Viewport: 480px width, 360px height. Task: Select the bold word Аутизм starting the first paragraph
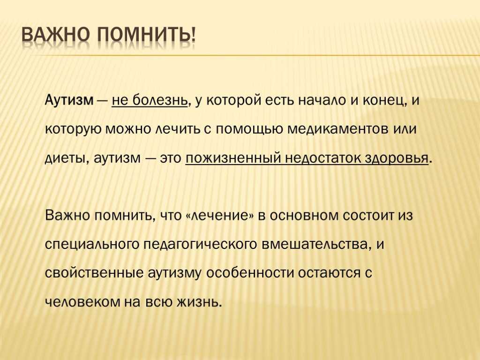click(x=69, y=100)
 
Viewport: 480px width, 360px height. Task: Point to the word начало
click(x=322, y=100)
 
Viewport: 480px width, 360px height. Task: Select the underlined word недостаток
click(x=322, y=158)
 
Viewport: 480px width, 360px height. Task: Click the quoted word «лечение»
click(x=220, y=216)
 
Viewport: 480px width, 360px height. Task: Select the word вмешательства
click(x=315, y=244)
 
